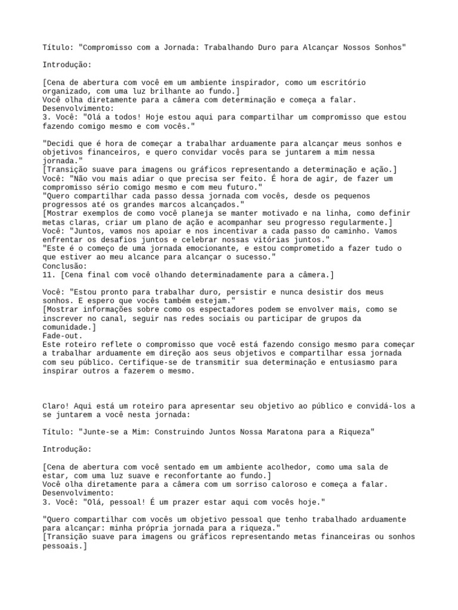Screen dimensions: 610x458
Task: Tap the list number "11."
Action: [49, 275]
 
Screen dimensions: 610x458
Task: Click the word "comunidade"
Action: [66, 328]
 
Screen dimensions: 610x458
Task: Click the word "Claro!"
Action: [57, 406]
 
